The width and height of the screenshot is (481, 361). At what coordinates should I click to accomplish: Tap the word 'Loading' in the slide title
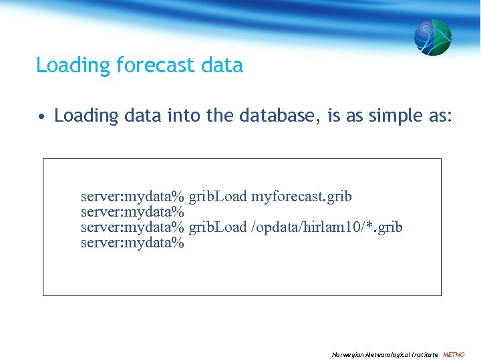click(73, 66)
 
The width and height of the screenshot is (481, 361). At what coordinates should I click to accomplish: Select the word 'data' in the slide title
click(224, 66)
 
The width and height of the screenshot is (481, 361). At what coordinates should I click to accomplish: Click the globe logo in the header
click(432, 37)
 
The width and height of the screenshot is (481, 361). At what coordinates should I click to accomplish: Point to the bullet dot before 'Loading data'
click(41, 116)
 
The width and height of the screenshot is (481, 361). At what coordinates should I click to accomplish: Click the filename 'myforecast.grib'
click(301, 197)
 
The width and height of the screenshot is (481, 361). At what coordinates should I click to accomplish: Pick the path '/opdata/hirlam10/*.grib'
click(327, 227)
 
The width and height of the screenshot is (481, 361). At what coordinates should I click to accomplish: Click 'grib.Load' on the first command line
click(218, 197)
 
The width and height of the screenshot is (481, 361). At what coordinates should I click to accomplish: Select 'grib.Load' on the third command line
click(218, 227)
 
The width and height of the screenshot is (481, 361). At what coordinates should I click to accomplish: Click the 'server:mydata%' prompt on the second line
click(132, 212)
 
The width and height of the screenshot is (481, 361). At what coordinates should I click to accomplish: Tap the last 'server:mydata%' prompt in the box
click(132, 243)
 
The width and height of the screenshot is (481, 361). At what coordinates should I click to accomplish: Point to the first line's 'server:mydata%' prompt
click(132, 197)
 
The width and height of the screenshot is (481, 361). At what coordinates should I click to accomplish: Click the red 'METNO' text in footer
click(454, 354)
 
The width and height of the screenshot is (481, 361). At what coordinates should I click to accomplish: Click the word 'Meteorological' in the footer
click(388, 354)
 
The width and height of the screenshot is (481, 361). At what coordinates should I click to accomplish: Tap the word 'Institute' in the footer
click(426, 354)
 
